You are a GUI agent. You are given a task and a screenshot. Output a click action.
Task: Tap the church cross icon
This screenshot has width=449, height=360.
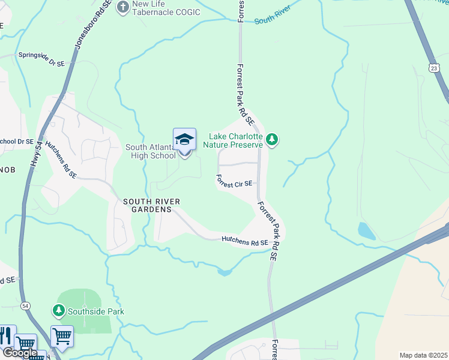click(x=123, y=7)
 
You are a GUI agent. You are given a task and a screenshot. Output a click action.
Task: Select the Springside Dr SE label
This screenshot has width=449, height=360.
click(x=41, y=55)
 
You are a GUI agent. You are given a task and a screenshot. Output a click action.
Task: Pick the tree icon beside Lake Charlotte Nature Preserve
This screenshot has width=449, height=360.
click(x=273, y=140)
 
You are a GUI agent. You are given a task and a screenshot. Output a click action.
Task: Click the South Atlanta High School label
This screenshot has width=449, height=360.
click(x=150, y=151)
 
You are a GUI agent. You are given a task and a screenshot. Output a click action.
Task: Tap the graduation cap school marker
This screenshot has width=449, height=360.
click(x=185, y=140)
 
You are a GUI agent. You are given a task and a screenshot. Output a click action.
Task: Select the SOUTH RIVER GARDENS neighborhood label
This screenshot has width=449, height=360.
click(x=148, y=205)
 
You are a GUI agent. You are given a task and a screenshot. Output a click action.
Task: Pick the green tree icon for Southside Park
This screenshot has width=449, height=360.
click(x=58, y=310)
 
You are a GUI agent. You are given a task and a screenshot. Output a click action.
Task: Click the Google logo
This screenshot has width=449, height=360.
click(x=19, y=353)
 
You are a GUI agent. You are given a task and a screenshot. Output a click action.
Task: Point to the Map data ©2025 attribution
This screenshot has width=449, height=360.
click(x=424, y=355)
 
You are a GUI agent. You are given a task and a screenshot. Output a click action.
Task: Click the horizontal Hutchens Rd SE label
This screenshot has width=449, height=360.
click(x=244, y=242)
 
